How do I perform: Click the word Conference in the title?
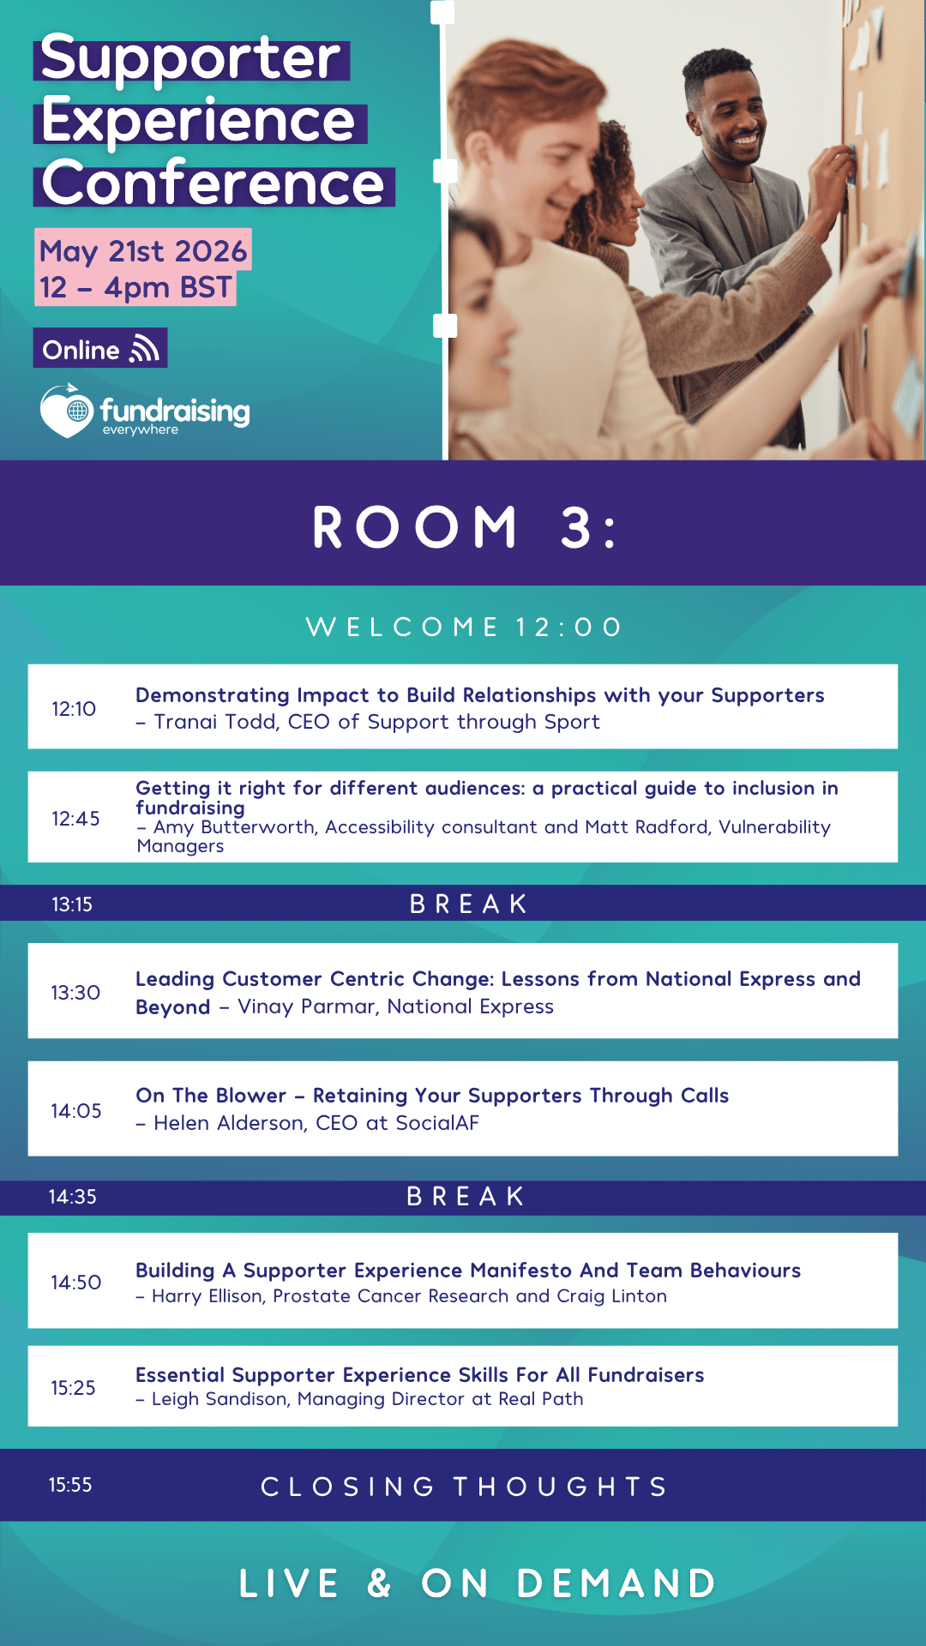(213, 183)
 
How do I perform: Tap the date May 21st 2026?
(143, 251)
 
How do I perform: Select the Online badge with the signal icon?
(100, 349)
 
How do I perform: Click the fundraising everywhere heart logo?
(67, 411)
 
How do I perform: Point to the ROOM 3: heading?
(464, 526)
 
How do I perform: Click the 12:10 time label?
(74, 709)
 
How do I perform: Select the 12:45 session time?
(75, 819)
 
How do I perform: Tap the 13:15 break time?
(72, 904)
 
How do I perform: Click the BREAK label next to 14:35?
(466, 1197)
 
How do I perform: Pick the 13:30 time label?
(75, 993)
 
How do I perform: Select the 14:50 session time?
(76, 1283)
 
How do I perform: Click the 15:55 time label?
(70, 1485)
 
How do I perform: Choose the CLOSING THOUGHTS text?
(464, 1487)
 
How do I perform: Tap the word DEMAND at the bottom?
(616, 1583)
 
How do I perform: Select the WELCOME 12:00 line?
(464, 627)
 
